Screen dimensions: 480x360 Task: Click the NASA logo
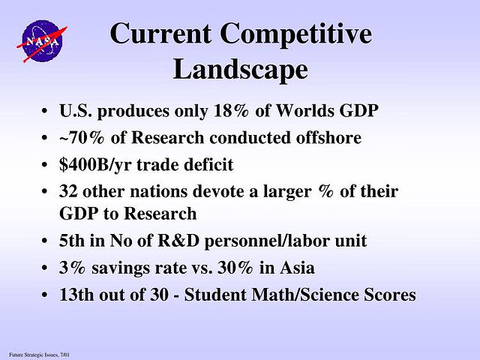42,41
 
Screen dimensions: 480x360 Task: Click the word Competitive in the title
296,34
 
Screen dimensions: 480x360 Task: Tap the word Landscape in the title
240,69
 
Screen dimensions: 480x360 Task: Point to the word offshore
328,137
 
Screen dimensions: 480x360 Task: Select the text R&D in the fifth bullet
178,241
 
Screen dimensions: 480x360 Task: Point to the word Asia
297,268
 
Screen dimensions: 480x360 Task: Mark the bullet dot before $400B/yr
45,165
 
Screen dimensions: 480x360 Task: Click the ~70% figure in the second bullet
82,137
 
